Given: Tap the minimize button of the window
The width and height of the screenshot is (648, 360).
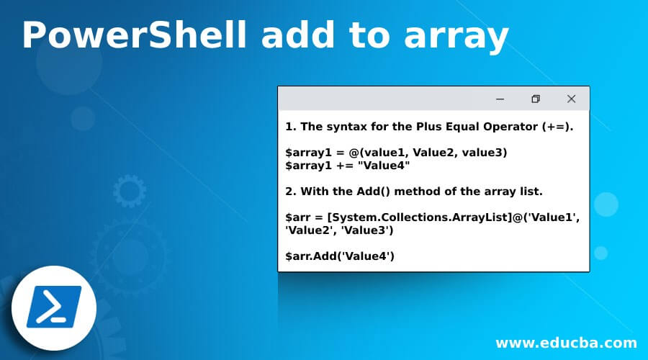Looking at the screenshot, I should (500, 99).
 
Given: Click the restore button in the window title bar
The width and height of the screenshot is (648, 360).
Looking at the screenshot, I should (535, 99).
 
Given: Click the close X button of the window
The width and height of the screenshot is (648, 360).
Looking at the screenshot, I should (571, 99).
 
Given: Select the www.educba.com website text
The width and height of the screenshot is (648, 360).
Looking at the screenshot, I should (566, 343).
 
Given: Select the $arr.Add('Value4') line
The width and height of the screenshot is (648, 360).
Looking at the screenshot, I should (340, 256).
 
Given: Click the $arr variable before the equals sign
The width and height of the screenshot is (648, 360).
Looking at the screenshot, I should (298, 217).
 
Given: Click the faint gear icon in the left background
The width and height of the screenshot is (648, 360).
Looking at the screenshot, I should (130, 192).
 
